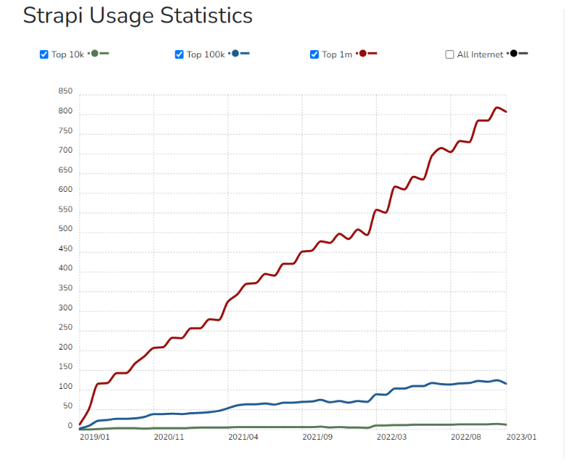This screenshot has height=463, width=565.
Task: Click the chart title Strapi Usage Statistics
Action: [x=137, y=16]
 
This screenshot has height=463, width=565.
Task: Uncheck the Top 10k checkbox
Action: [x=44, y=55]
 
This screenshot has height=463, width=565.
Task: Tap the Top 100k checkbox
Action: [x=179, y=55]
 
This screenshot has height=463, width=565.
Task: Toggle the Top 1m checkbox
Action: [x=314, y=55]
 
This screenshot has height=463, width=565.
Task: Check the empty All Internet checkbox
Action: [x=450, y=55]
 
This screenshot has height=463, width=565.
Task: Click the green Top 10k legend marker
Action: [x=98, y=54]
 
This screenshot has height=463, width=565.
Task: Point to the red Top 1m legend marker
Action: [x=367, y=54]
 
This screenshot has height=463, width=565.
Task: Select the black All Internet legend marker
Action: [x=518, y=54]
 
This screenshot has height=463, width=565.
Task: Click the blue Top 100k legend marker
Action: [x=240, y=54]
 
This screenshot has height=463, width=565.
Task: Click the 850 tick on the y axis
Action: [x=65, y=92]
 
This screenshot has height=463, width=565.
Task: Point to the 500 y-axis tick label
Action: [x=65, y=230]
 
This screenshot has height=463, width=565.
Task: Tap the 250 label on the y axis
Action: [x=65, y=328]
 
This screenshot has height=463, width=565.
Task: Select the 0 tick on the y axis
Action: [x=70, y=427]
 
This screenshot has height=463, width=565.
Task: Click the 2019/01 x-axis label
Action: [x=94, y=438]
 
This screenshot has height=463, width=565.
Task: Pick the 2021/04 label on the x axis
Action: [x=243, y=438]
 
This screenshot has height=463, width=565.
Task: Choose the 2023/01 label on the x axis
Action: [x=521, y=438]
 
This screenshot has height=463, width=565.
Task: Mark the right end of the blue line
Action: [x=506, y=384]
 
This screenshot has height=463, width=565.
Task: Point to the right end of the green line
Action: [x=506, y=424]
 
